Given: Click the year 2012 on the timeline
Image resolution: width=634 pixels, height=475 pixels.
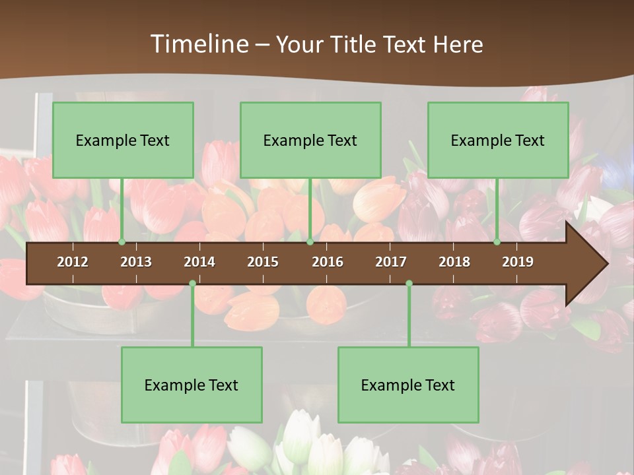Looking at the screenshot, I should (73, 262).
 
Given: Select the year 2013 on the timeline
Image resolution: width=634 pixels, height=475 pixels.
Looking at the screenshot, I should (136, 262).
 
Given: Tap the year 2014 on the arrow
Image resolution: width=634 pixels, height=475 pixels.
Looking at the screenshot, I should (199, 262).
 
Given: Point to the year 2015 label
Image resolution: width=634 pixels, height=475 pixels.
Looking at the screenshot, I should (263, 262).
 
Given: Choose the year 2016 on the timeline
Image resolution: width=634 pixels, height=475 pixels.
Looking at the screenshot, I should (328, 262).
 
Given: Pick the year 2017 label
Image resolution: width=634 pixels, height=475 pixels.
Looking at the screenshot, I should (391, 262).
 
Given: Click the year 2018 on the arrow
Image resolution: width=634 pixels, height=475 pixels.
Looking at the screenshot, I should (454, 262).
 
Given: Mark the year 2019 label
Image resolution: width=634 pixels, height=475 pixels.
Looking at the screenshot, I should (518, 262).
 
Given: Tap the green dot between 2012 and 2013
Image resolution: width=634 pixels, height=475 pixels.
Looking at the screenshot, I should (122, 242).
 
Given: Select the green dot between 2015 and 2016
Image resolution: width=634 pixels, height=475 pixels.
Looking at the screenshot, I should (310, 242).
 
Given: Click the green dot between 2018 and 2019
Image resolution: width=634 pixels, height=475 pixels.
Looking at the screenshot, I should (497, 242).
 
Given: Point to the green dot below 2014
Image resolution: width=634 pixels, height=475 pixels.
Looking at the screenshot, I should (192, 284).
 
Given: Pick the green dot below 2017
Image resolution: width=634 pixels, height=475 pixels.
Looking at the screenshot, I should (409, 284).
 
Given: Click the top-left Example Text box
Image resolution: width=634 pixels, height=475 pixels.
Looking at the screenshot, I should (123, 140).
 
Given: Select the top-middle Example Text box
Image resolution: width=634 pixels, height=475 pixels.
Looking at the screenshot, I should (310, 140).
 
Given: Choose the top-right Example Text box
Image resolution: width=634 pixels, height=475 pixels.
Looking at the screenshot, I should (498, 140).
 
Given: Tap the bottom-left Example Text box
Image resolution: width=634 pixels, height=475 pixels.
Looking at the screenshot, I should (192, 385).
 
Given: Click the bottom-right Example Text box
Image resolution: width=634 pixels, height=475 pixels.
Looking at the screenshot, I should (408, 385).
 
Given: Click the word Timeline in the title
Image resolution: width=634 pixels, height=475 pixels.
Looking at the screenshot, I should (199, 44).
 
